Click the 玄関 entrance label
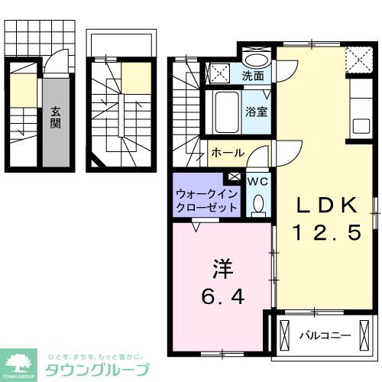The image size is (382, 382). (x=56, y=117)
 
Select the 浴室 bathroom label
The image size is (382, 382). (x=255, y=111)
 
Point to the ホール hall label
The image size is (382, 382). (x=227, y=152)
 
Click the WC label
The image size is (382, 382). (x=257, y=181)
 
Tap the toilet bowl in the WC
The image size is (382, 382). (x=257, y=203)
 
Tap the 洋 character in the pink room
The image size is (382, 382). (x=221, y=270)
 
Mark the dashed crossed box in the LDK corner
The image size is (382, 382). (x=357, y=57)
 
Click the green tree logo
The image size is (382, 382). (x=21, y=364)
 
